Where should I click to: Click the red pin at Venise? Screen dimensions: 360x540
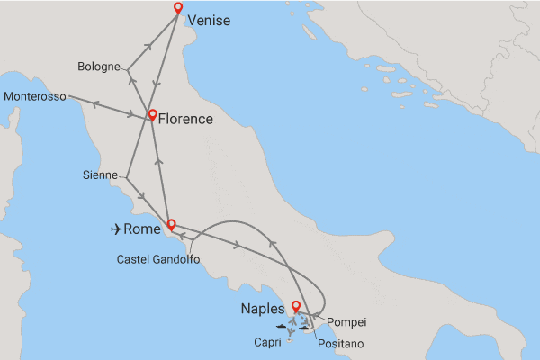tap(177, 9)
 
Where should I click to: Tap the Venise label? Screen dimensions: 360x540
tap(209, 21)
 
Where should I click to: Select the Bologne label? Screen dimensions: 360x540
tap(99, 67)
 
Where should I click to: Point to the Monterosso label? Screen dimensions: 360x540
tap(34, 97)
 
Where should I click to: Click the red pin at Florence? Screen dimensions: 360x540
tap(153, 115)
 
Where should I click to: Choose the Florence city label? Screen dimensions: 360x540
tap(186, 119)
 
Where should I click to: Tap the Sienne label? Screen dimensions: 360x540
tap(99, 176)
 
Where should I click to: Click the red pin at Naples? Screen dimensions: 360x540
tap(296, 308)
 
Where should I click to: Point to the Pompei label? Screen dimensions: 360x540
tap(346, 321)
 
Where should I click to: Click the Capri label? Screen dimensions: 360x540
tap(268, 342)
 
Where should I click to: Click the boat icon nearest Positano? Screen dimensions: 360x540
tap(305, 328)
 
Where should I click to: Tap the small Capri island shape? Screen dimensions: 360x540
tap(289, 338)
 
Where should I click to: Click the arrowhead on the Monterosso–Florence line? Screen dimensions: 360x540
tap(130, 113)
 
